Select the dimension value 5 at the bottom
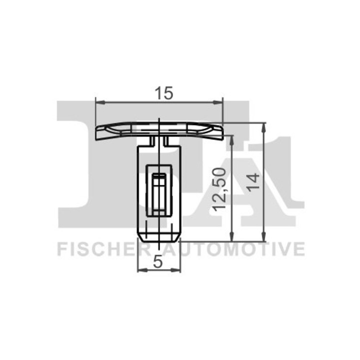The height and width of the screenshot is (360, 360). [158, 261]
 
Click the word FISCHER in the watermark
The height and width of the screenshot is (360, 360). [102, 248]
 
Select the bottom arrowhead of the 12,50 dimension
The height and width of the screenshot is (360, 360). [232, 237]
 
